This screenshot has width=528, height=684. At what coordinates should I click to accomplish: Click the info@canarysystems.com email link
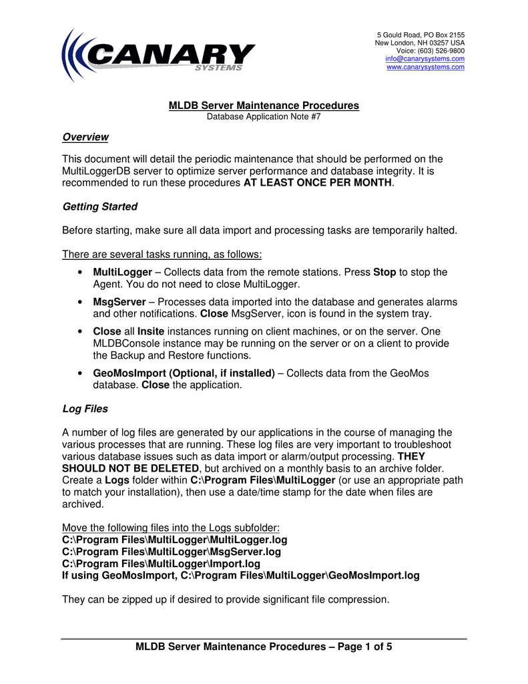[425, 59]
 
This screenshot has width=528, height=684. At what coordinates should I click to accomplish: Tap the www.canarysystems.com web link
[425, 67]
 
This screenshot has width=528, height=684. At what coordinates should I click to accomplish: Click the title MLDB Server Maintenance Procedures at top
[264, 106]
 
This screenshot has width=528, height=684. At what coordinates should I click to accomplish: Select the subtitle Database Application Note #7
[264, 116]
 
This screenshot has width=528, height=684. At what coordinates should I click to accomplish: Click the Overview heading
[85, 137]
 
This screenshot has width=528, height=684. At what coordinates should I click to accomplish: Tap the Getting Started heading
[99, 206]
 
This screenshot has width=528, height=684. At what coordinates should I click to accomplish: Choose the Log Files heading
[85, 408]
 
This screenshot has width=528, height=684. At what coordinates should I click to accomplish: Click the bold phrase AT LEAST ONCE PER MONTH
[318, 182]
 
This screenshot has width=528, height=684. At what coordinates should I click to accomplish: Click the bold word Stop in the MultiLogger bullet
[384, 272]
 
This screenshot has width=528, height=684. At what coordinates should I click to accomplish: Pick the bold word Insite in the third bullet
[151, 331]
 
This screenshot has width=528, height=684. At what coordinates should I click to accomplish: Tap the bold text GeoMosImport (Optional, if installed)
[184, 373]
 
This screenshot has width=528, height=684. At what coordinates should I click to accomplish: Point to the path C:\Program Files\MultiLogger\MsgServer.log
[172, 552]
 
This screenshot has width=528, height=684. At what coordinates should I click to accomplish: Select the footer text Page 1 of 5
[364, 647]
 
